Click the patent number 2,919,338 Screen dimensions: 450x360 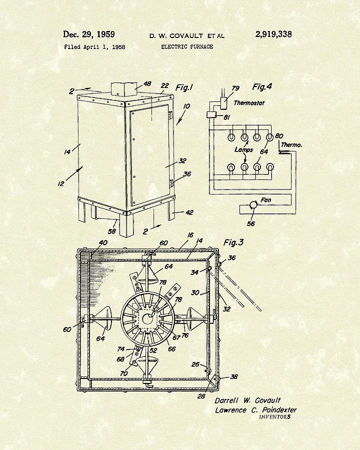click(273, 34)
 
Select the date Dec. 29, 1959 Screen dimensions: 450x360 click(88, 34)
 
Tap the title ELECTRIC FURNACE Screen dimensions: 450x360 click(187, 47)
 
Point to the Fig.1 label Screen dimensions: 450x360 click(184, 88)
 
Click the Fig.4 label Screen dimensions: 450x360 click(262, 87)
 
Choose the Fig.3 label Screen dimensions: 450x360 click(233, 243)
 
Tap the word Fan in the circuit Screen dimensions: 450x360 click(266, 200)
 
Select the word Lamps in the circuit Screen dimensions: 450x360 click(243, 149)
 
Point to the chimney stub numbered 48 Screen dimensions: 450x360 click(122, 90)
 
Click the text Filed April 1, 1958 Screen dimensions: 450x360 click(94, 47)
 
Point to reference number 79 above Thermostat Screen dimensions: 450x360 click(235, 89)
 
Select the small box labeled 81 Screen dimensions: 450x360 click(211, 115)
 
